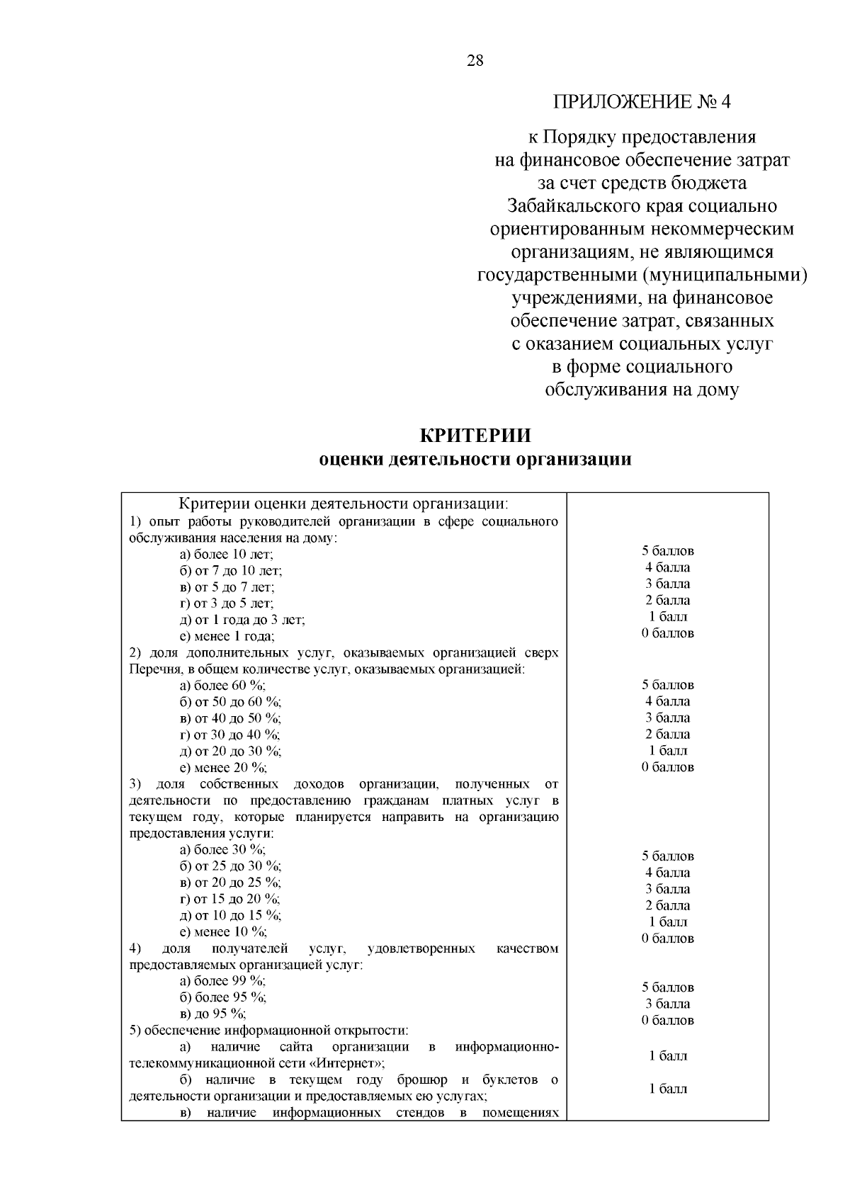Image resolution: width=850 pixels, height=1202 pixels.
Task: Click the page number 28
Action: [475, 61]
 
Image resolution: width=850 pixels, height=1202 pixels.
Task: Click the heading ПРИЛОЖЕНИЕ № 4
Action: [642, 102]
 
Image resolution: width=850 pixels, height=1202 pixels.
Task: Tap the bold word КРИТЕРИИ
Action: [475, 435]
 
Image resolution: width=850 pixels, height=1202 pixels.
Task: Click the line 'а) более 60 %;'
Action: [223, 686]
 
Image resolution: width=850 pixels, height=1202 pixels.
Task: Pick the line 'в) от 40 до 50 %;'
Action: [230, 718]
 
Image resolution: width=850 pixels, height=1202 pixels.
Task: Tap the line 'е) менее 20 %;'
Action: [224, 768]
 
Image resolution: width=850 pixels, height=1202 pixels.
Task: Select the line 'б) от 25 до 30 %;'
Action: [230, 866]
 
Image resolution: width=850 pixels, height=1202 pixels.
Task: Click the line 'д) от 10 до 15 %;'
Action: [230, 915]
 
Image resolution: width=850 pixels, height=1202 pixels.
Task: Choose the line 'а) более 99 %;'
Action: [223, 981]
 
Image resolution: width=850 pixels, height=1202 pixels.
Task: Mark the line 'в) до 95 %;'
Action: [213, 1014]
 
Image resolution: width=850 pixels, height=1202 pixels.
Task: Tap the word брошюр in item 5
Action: [422, 1080]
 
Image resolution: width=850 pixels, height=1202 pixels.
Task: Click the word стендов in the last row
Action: [419, 1113]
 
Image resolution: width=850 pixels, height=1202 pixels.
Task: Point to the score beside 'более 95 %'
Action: [667, 1004]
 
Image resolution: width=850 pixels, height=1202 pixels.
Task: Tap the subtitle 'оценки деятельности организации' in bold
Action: [475, 460]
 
